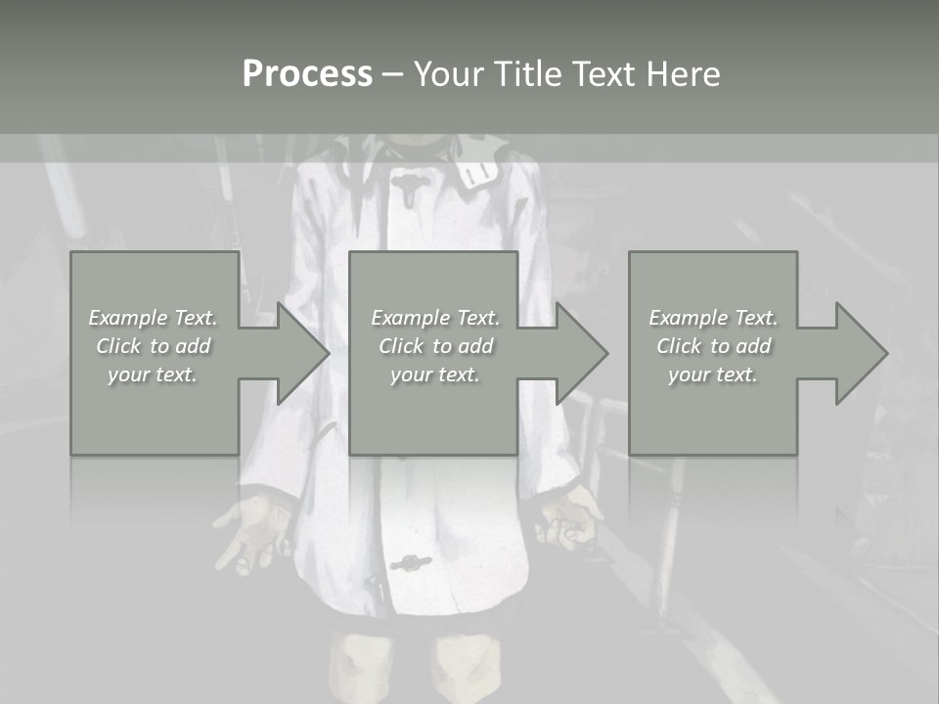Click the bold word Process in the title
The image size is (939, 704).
[307, 74]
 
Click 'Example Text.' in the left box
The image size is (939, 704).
[154, 318]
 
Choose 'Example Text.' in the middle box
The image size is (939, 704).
[435, 318]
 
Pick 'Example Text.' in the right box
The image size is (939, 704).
[713, 318]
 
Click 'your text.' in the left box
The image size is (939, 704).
[153, 374]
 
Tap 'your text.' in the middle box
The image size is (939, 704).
[435, 374]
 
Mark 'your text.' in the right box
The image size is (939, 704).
[713, 374]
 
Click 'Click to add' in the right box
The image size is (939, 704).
[713, 346]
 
